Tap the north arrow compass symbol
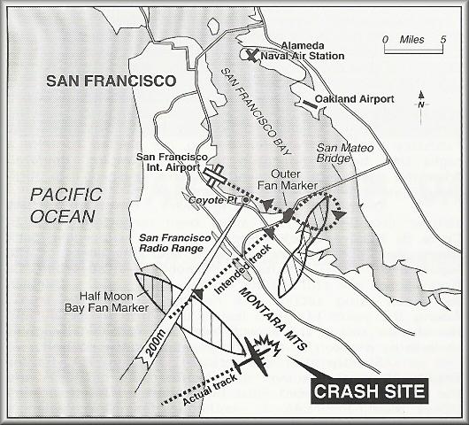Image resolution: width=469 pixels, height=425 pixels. [422, 99]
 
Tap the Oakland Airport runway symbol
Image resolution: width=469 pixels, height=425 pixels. [311, 104]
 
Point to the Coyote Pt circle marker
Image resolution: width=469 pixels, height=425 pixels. [245, 199]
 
